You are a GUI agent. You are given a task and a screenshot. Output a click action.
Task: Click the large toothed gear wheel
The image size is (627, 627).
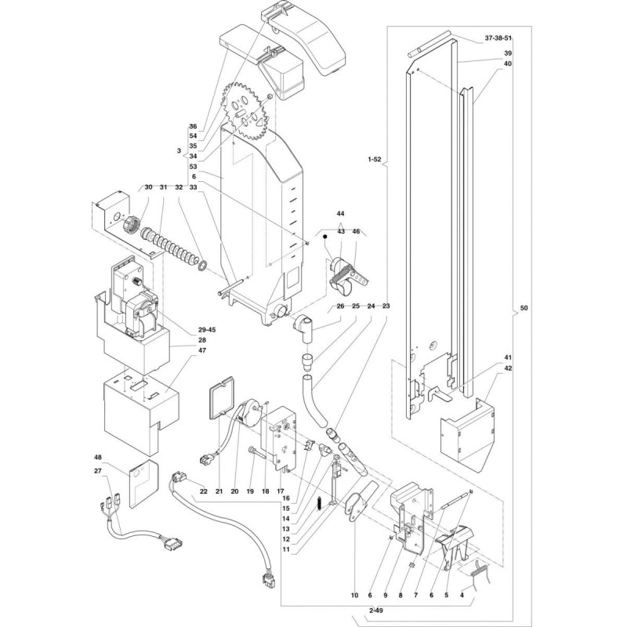click(x=248, y=111)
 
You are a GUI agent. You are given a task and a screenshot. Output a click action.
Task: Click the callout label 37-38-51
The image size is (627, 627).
click(x=498, y=38)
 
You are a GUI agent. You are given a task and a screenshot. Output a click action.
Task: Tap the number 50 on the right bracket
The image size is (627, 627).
click(x=524, y=308)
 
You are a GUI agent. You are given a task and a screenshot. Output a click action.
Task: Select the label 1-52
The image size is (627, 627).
click(x=375, y=159)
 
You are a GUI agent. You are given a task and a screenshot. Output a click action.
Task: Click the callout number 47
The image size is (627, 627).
click(x=202, y=350)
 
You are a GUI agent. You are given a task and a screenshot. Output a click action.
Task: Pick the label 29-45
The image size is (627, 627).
click(x=206, y=329)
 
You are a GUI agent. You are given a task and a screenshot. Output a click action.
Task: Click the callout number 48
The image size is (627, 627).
click(x=98, y=457)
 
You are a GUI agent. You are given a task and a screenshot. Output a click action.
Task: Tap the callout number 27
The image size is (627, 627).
click(x=98, y=471)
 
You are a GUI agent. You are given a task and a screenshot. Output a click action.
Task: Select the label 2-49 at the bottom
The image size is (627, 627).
click(x=378, y=611)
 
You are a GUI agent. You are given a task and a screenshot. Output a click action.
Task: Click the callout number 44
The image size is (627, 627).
click(x=340, y=213)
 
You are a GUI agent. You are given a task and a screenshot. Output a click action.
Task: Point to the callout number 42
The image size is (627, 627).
click(x=508, y=368)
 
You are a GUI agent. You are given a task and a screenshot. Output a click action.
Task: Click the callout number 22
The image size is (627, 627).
click(x=204, y=491)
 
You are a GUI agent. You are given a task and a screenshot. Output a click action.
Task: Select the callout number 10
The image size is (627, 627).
click(x=355, y=595)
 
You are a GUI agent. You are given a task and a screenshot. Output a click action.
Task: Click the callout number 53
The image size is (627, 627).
click(x=194, y=166)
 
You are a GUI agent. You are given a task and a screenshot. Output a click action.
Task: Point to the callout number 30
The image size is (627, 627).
click(x=148, y=187)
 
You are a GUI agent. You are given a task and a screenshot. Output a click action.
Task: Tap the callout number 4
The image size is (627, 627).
click(x=462, y=595)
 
